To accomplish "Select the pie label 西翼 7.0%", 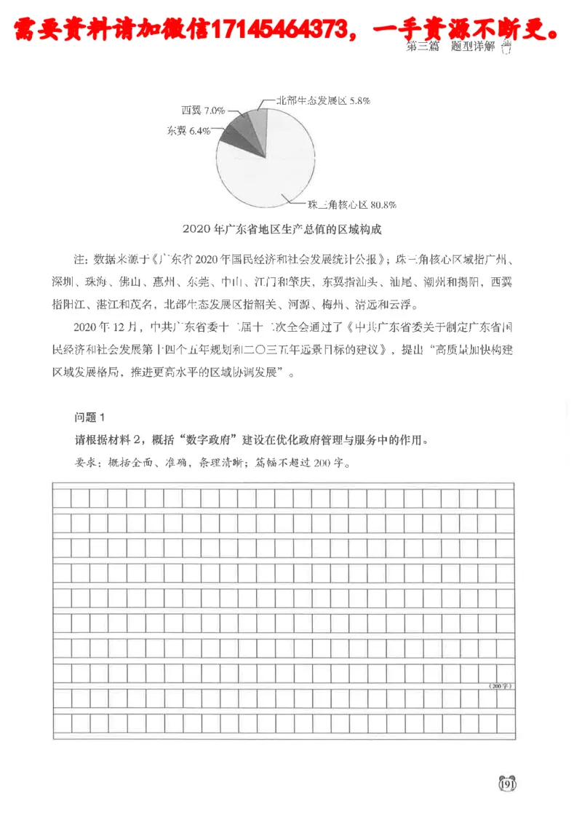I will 203,111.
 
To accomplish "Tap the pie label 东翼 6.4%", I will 189,132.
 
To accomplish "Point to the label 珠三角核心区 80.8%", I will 351,204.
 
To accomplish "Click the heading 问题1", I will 90,417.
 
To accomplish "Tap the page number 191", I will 506,783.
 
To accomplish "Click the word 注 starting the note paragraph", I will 79,259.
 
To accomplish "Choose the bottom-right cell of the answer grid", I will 505,724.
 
